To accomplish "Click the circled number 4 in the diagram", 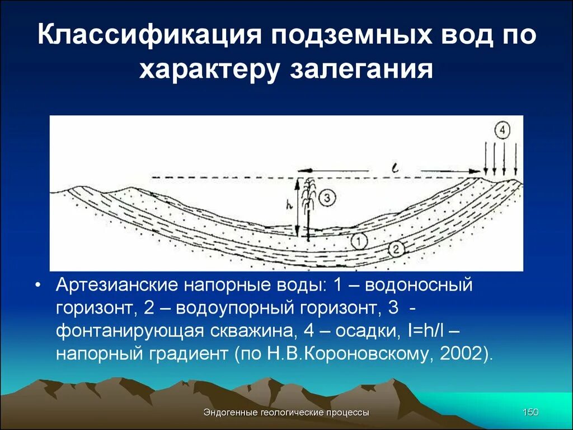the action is (502, 132).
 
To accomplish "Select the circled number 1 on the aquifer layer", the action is (359, 241).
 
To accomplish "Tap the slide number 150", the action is (530, 413).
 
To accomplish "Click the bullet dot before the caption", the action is (37, 286).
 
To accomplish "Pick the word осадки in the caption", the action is (364, 330).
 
